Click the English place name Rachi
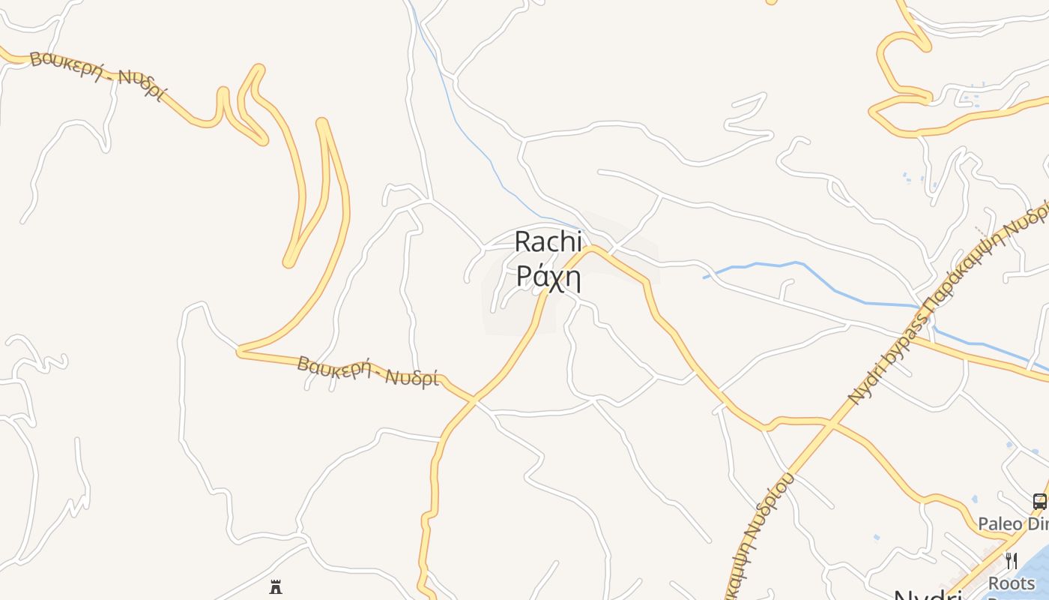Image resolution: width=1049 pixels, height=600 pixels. click(x=548, y=241)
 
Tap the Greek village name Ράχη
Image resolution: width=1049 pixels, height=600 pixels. click(x=548, y=277)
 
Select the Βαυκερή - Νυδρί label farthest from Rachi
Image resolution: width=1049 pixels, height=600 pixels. click(x=97, y=75)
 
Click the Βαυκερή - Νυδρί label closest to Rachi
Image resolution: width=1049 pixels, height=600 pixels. click(x=367, y=370)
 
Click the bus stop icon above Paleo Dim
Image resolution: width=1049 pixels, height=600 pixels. click(x=1039, y=501)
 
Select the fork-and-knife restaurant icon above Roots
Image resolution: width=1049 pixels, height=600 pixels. click(x=1012, y=560)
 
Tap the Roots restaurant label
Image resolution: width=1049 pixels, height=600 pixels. click(x=1012, y=583)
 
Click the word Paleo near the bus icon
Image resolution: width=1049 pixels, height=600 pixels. click(x=1001, y=523)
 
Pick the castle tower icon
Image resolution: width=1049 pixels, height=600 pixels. click(x=276, y=586)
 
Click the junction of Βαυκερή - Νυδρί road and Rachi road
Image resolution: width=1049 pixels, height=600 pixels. click(x=474, y=401)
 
